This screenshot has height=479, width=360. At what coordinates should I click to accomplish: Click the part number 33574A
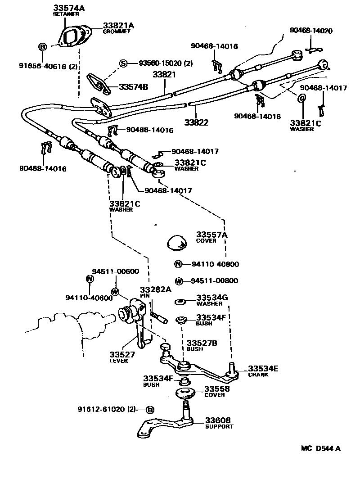pyautogui.click(x=69, y=8)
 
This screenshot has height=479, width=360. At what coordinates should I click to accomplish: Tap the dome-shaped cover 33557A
pyautogui.click(x=180, y=243)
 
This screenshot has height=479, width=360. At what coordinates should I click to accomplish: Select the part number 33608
pyautogui.click(x=218, y=420)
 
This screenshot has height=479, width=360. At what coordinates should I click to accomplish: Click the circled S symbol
pyautogui.click(x=123, y=63)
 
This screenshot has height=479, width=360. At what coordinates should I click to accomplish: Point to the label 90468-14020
pyautogui.click(x=311, y=31)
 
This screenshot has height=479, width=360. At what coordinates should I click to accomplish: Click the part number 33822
pyautogui.click(x=196, y=122)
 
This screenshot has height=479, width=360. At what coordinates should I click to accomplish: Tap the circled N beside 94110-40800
pyautogui.click(x=178, y=264)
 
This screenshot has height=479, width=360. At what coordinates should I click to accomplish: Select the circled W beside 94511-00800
pyautogui.click(x=179, y=281)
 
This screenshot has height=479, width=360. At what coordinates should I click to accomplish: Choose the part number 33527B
pyautogui.click(x=202, y=343)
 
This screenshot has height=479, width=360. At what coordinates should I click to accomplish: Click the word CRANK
pyautogui.click(x=258, y=375)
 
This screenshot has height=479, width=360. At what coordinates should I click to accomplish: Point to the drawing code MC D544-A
pyautogui.click(x=320, y=448)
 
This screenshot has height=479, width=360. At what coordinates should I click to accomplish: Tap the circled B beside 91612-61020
pyautogui.click(x=150, y=410)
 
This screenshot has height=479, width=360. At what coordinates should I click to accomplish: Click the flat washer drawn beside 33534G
pyautogui.click(x=180, y=302)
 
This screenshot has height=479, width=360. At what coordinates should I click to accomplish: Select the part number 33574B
pyautogui.click(x=134, y=87)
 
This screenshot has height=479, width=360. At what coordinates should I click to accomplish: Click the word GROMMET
pyautogui.click(x=117, y=32)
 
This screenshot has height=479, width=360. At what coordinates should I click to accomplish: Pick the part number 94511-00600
pyautogui.click(x=116, y=271)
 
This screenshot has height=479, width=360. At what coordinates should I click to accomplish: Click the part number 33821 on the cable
pyautogui.click(x=164, y=75)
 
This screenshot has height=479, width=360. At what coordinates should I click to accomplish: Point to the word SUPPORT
pyautogui.click(x=219, y=426)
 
